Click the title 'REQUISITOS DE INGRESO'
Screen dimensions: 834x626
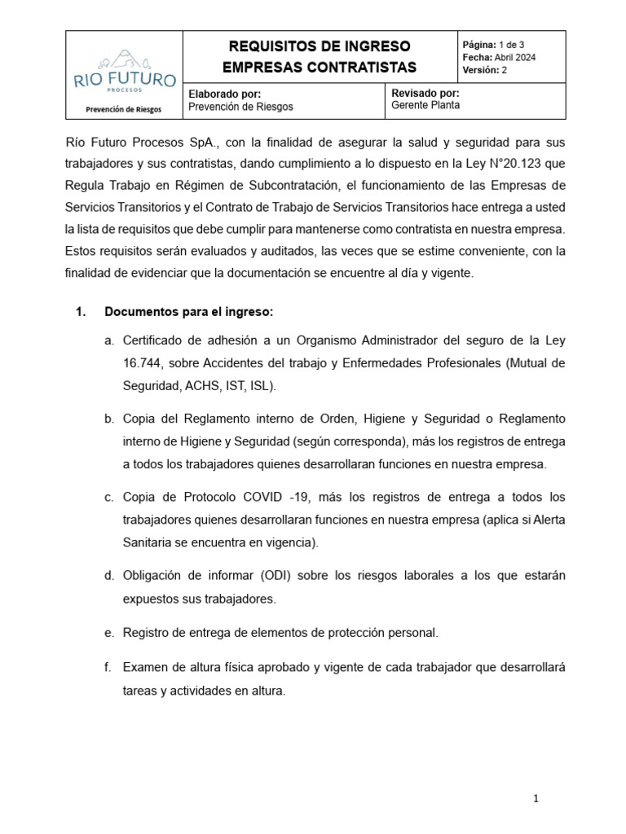pyautogui.click(x=320, y=46)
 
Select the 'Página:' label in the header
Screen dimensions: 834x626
pyautogui.click(x=481, y=44)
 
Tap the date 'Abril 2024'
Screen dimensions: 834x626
pyautogui.click(x=515, y=57)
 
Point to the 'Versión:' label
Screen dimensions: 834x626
pyautogui.click(x=480, y=70)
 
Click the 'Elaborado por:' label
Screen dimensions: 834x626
pyautogui.click(x=224, y=94)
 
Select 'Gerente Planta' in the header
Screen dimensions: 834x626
pyautogui.click(x=425, y=106)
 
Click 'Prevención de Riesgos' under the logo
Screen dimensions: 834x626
pyautogui.click(x=124, y=109)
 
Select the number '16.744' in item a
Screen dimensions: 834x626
pyautogui.click(x=141, y=362)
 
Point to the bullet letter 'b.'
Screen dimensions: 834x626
pyautogui.click(x=108, y=419)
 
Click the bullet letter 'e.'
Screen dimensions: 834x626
pyautogui.click(x=108, y=632)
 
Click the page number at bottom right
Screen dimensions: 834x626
pyautogui.click(x=536, y=799)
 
